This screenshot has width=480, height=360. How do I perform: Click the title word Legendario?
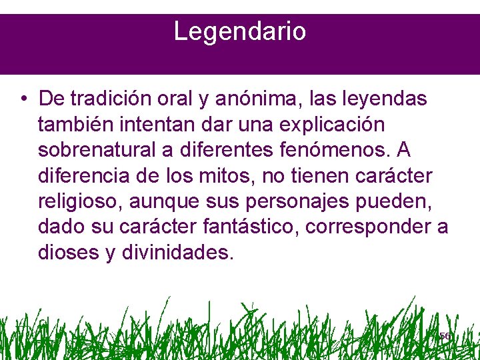pyautogui.click(x=240, y=31)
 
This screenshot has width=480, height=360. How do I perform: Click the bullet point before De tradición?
pyautogui.click(x=23, y=100)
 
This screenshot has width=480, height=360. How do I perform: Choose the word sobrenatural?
pyautogui.click(x=96, y=151)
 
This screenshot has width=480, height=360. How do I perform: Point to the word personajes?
pyautogui.click(x=294, y=202)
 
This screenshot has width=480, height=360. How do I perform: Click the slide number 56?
pyautogui.click(x=445, y=336)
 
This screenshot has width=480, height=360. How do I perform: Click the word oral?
pyautogui.click(x=175, y=99)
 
